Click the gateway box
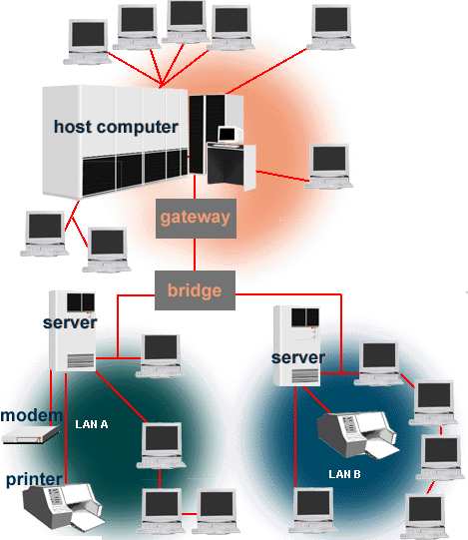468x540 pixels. click(x=196, y=219)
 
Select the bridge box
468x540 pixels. click(x=195, y=290)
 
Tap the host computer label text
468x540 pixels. click(x=116, y=127)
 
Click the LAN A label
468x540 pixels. click(x=92, y=424)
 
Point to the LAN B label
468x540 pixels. click(x=344, y=474)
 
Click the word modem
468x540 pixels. click(x=31, y=415)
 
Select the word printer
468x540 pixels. click(x=34, y=479)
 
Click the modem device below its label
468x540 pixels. click(x=31, y=434)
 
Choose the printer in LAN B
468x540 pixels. click(x=358, y=435)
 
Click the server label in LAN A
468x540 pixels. click(x=70, y=322)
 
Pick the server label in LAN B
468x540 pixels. click(x=298, y=357)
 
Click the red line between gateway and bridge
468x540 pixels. click(x=195, y=255)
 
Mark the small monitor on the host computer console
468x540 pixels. click(x=229, y=135)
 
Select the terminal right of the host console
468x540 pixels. click(x=329, y=167)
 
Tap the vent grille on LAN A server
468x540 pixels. click(x=81, y=361)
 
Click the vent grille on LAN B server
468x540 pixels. click(x=305, y=376)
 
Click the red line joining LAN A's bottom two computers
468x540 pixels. click(x=189, y=514)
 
